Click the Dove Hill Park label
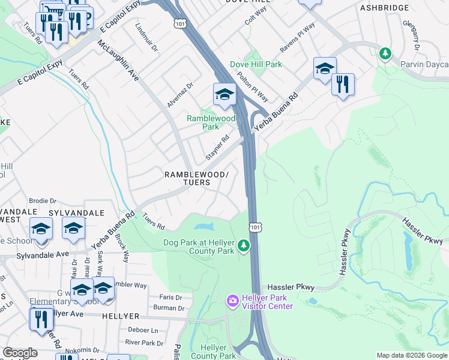point(256,64)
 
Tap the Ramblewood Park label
point(211,122)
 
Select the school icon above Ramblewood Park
point(224,94)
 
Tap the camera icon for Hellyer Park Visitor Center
point(232,299)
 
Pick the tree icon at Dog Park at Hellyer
point(243,245)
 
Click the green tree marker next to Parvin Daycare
point(385,53)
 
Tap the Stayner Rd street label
point(218,148)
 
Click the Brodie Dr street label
point(42,201)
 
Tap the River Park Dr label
point(144,343)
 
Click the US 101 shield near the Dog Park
point(256,227)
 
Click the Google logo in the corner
point(20,353)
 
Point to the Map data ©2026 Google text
point(412,355)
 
